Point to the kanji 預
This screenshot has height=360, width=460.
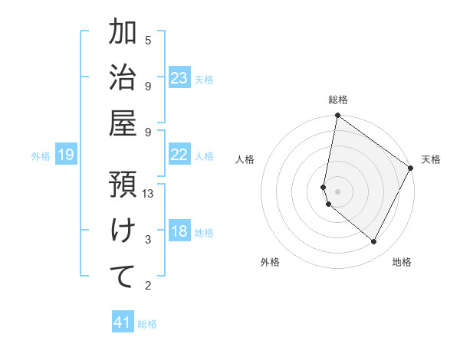[x=123, y=184]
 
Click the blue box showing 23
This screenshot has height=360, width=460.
[x=179, y=77]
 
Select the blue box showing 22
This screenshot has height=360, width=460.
[x=179, y=154]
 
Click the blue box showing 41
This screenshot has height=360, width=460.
[x=123, y=322]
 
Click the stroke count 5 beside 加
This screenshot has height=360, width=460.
[x=148, y=40]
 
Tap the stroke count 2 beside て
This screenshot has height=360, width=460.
[x=148, y=286]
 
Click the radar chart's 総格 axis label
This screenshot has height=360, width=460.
[x=338, y=100]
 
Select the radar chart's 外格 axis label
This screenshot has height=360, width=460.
[x=270, y=262]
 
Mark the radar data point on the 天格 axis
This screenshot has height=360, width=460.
[x=411, y=169]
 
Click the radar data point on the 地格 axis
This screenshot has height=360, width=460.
[x=374, y=242]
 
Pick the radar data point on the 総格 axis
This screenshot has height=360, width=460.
[x=337, y=116]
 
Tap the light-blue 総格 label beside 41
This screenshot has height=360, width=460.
[x=147, y=324]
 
